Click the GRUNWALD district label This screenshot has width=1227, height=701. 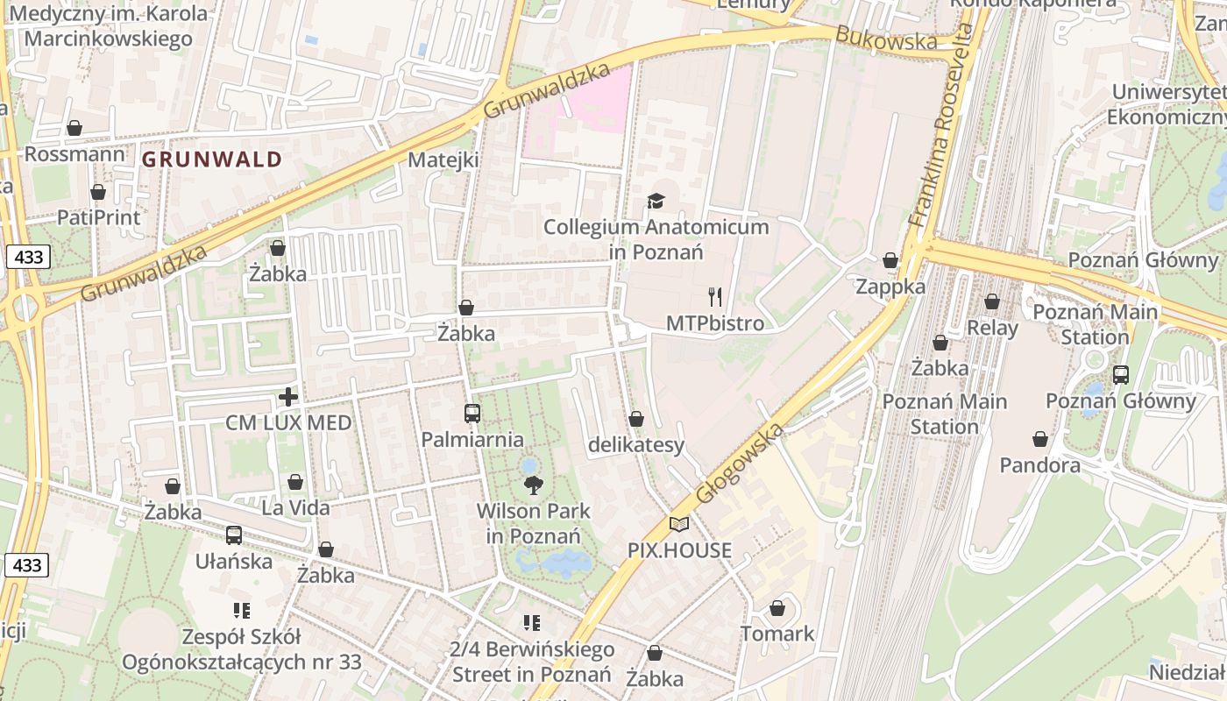point(212,159)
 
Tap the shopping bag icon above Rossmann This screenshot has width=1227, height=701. point(74,129)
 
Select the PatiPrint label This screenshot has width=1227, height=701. point(99,216)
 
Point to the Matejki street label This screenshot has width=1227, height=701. point(443,160)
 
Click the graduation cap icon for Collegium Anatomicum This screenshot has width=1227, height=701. point(656,202)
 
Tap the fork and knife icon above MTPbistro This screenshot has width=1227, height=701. point(715,297)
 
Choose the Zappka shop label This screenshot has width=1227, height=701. point(890,287)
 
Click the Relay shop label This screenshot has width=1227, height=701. point(992,329)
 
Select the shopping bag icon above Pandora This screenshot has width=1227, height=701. point(1040,439)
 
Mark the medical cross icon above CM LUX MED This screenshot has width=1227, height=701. point(288,398)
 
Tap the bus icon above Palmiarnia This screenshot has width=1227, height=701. point(472,414)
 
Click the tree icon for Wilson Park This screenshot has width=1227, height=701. point(533,485)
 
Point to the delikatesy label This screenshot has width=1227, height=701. point(636,445)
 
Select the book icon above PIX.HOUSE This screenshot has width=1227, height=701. point(679,524)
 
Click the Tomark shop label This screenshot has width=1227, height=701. point(777,634)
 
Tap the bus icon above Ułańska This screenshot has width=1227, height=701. point(234,535)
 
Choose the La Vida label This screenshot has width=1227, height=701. point(296,507)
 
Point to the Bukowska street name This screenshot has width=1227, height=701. point(886,39)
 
